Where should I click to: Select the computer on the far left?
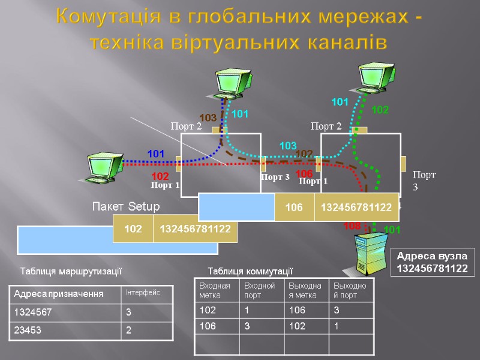click(103, 167)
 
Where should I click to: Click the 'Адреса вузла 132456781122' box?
click(432, 262)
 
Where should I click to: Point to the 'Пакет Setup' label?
click(125, 207)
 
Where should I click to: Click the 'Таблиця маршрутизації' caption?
click(71, 271)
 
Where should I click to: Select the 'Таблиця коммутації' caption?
click(249, 271)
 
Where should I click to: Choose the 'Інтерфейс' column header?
click(147, 293)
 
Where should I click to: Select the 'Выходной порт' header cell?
click(351, 290)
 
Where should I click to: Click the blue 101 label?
click(156, 154)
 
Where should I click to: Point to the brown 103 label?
click(208, 118)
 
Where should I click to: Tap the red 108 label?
click(352, 226)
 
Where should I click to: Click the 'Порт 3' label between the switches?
click(275, 178)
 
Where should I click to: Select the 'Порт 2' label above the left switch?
click(186, 126)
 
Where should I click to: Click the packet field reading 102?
click(133, 229)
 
